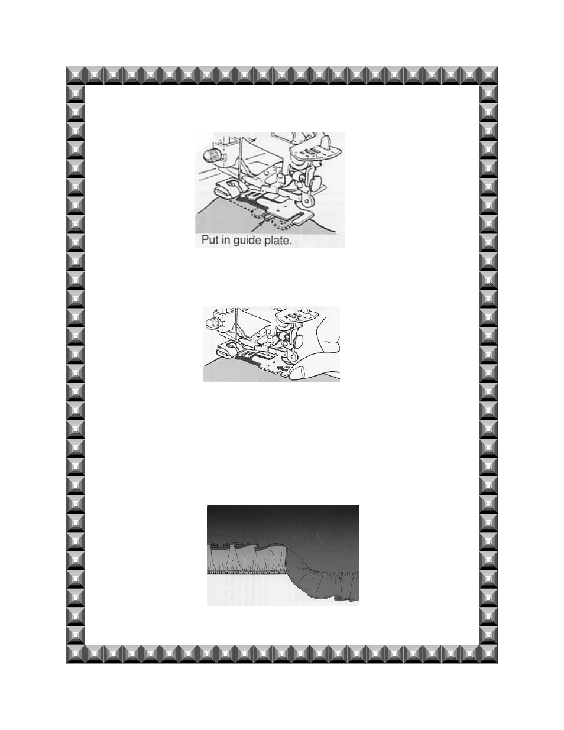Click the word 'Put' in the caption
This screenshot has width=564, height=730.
click(x=209, y=240)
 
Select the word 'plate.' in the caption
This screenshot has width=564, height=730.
click(x=277, y=241)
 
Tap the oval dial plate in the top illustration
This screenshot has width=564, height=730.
click(x=312, y=150)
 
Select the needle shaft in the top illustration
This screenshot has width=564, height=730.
click(x=241, y=158)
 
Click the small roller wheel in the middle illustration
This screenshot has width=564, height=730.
click(x=292, y=356)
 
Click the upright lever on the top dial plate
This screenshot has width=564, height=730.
click(x=326, y=139)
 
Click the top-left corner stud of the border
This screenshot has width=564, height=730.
click(x=75, y=76)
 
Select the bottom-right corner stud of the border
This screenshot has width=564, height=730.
click(x=488, y=654)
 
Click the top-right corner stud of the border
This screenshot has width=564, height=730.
click(x=488, y=76)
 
